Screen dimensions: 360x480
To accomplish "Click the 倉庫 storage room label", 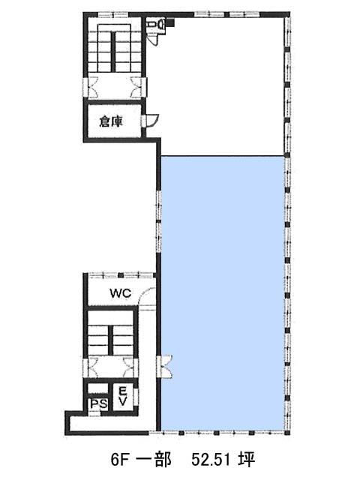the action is click(x=112, y=121).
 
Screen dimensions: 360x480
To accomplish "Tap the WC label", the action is click(x=120, y=293).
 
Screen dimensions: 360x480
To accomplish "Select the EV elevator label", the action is click(x=122, y=397).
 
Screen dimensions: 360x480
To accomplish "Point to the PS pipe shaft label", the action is click(x=98, y=404).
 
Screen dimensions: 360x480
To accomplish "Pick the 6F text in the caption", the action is click(x=118, y=460).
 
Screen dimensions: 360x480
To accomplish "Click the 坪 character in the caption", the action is click(x=247, y=459).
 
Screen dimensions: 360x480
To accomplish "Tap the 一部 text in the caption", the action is click(x=153, y=459).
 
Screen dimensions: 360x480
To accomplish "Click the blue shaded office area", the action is click(x=223, y=293).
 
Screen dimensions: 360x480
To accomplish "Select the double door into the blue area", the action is click(x=165, y=367).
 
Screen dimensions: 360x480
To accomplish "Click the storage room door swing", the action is click(x=151, y=121).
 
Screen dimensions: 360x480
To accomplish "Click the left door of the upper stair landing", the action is click(x=91, y=87).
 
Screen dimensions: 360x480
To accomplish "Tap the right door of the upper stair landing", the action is click(x=138, y=87).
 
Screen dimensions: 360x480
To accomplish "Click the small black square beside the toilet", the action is click(x=170, y=22).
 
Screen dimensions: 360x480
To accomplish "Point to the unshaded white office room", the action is click(x=223, y=85).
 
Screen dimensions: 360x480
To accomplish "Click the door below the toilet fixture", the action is click(x=152, y=37).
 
